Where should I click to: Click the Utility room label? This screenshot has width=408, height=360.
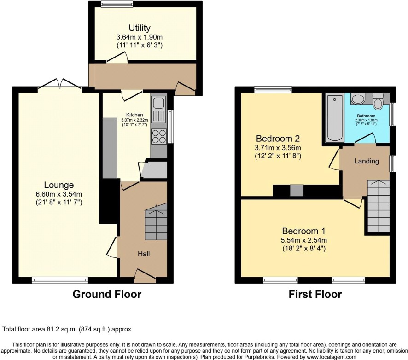pyautogui.click(x=140, y=28)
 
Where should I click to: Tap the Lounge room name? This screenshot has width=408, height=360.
pyautogui.click(x=59, y=185)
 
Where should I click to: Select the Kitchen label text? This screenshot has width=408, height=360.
pyautogui.click(x=134, y=115)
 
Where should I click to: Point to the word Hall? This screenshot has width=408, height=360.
pyautogui.click(x=144, y=254)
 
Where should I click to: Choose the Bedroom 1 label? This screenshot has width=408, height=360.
pyautogui.click(x=303, y=231)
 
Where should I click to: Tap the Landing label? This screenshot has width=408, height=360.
pyautogui.click(x=367, y=161)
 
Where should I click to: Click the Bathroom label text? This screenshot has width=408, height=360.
pyautogui.click(x=366, y=116)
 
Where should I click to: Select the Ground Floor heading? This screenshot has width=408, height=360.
pyautogui.click(x=107, y=294)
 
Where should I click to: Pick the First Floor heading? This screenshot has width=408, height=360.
pyautogui.click(x=315, y=294)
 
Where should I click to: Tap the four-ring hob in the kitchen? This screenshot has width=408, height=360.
pyautogui.click(x=159, y=137)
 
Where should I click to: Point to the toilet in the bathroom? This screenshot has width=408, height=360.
pyautogui.click(x=378, y=101)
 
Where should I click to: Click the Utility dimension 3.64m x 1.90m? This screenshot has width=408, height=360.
pyautogui.click(x=140, y=37)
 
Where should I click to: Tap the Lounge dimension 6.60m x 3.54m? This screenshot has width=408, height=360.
pyautogui.click(x=59, y=194)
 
